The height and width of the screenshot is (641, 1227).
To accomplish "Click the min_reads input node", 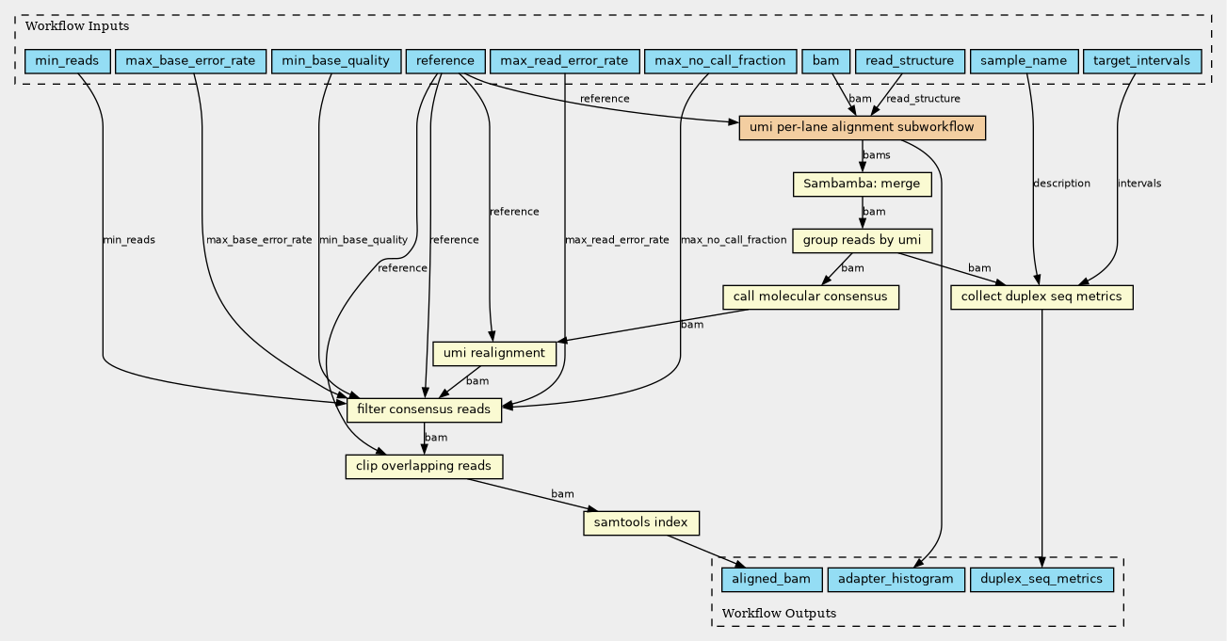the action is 68,61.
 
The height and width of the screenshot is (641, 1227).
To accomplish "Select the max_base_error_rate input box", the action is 190,61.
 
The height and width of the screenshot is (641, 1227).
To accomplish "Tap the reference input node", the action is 445,61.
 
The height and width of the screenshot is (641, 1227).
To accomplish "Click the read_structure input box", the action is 910,61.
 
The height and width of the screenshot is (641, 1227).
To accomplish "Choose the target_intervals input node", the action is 1142,61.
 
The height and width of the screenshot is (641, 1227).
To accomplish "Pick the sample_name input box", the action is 1024,61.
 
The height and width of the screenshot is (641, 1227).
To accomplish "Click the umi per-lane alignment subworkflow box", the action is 863,128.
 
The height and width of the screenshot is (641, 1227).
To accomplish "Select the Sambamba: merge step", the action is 863,184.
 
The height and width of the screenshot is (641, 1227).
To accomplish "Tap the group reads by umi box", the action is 863,241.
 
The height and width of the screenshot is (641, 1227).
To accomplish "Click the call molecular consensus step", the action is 811,297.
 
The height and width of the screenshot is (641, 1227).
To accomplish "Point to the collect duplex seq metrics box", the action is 1041,297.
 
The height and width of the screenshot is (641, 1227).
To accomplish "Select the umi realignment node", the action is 494,354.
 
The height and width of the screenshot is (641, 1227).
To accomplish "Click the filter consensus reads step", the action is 424,410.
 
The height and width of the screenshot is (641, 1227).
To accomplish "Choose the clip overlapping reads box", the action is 424,467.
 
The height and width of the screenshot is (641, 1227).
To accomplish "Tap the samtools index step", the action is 641,523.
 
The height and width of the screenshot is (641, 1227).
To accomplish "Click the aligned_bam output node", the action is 772,580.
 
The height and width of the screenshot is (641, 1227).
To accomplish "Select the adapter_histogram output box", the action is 896,580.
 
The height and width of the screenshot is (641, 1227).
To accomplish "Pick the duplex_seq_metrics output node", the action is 1041,580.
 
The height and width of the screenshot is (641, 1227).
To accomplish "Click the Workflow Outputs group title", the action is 779,614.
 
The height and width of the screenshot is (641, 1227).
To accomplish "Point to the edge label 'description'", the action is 1061,184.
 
